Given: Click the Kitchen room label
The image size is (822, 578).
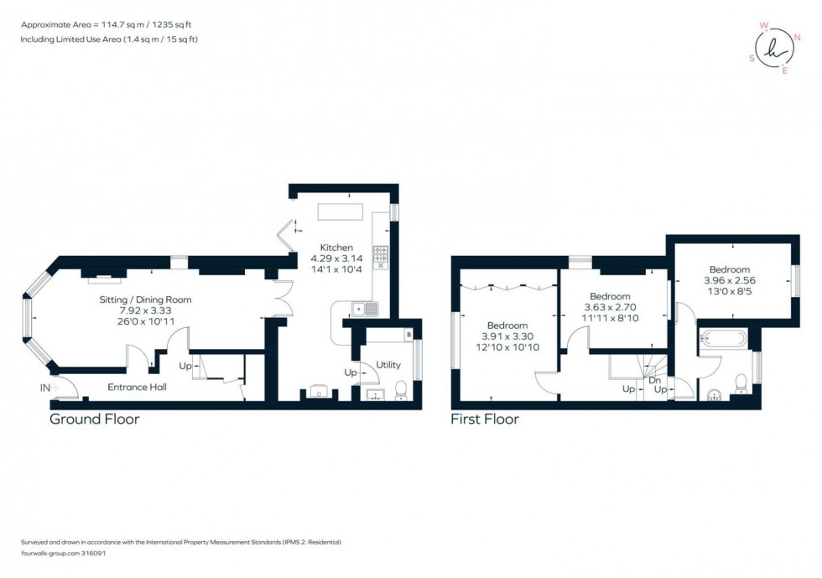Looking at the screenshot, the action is pos(336,247).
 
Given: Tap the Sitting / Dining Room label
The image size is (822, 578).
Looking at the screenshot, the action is pos(145,300).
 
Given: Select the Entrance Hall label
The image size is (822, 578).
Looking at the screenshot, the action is pos(137,387).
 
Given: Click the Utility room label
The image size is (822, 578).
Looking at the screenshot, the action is pos(388,365).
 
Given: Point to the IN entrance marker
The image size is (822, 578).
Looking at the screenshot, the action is pos(45,388).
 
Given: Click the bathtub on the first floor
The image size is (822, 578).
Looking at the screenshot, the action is pos(723,338).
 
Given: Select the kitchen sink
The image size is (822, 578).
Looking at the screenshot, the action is pos(365,309).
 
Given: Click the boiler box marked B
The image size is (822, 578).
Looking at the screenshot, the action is pos(409,334).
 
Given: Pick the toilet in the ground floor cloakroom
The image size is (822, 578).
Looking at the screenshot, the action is pos(401,390).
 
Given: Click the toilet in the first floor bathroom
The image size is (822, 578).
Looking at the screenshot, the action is pos(741,383).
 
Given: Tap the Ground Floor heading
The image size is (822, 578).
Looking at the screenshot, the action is pos(94,419).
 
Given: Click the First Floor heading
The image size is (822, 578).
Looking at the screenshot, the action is pos(485,419).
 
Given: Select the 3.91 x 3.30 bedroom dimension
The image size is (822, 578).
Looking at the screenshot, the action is pos(507,336).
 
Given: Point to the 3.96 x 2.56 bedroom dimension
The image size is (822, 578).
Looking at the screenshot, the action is pos(730,280).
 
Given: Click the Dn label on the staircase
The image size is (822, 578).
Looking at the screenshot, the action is pos(655,380).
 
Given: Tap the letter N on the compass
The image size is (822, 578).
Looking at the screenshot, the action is pos(798,37).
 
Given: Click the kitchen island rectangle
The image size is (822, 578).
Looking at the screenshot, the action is pos(341,212).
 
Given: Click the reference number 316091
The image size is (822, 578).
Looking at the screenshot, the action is pos(93,554).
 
